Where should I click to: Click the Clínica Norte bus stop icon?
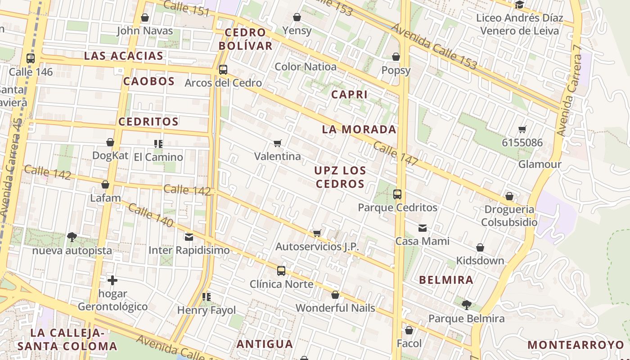point(281,270)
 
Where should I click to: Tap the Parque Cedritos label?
point(397,207)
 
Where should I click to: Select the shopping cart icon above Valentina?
point(278,143)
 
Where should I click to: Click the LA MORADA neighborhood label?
point(359,130)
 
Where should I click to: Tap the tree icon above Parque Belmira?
point(467,305)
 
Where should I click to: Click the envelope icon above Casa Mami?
point(423,228)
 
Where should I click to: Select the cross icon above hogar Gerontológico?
point(112,280)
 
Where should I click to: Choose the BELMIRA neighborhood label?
point(446,280)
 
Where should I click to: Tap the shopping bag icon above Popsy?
point(396,57)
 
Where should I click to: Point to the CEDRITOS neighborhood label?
point(148,121)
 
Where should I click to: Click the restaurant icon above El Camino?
point(158,144)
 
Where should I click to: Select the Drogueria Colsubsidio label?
point(509,216)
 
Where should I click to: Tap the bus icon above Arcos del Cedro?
point(223,70)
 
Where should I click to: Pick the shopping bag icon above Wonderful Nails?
point(335,295)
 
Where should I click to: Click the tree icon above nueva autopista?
point(72,237)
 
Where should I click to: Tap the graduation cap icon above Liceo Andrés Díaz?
point(520,5)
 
